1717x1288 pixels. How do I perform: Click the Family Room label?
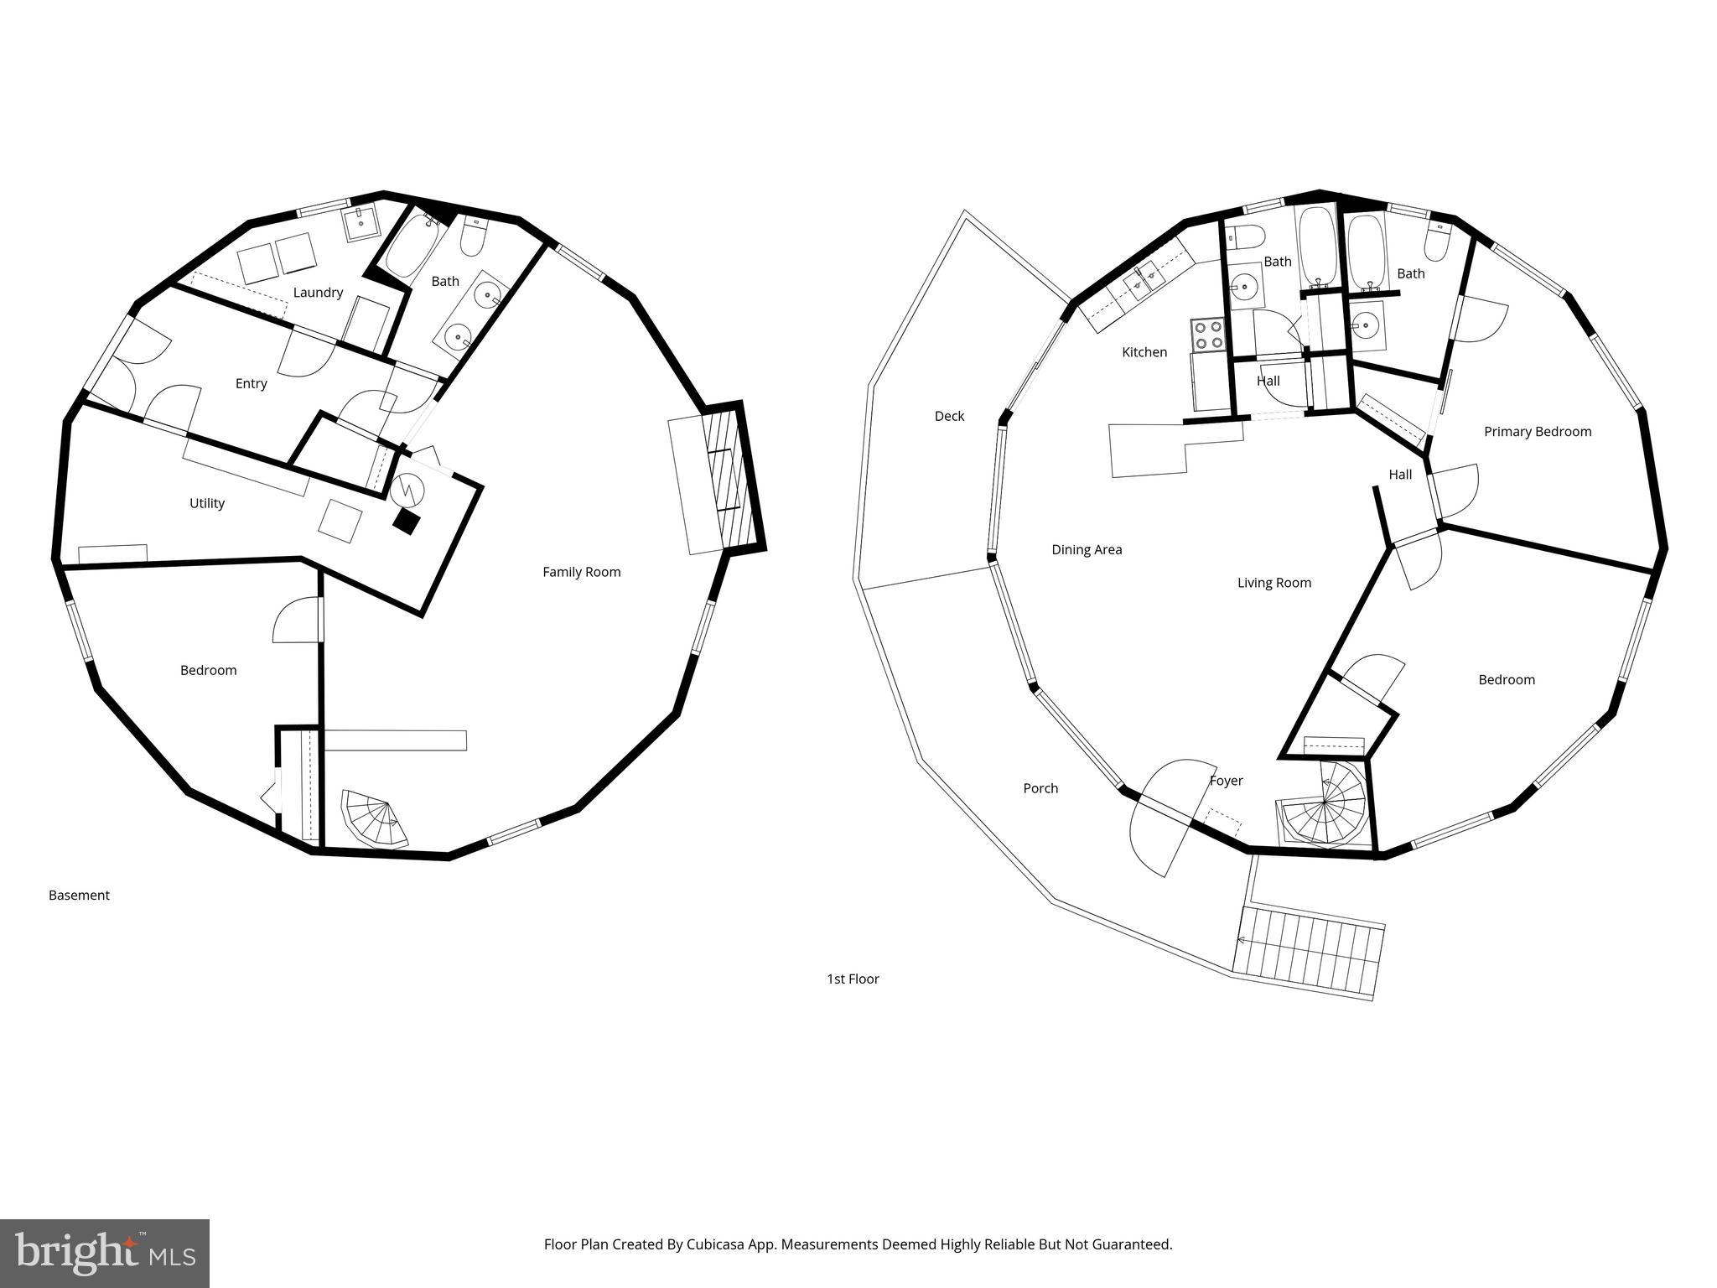(581, 572)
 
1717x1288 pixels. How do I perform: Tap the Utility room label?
(207, 503)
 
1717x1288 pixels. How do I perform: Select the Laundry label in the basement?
(318, 293)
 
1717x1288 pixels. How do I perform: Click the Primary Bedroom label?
(1537, 432)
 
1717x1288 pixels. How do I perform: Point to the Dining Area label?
(1087, 550)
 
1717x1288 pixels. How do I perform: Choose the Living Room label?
(1273, 583)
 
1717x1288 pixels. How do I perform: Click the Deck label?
(949, 416)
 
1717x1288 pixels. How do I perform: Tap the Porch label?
(1040, 788)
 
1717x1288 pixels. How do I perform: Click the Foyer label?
(1226, 781)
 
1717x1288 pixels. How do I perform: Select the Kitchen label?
(1144, 352)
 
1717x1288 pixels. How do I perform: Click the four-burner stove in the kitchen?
(1208, 335)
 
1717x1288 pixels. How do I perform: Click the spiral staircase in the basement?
(375, 820)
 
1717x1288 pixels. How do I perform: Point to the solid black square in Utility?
(407, 522)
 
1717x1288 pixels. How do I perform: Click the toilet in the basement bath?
(473, 237)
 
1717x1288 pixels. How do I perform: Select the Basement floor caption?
(79, 896)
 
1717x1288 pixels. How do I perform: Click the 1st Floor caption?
(853, 979)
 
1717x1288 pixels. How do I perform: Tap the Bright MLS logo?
(105, 1253)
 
